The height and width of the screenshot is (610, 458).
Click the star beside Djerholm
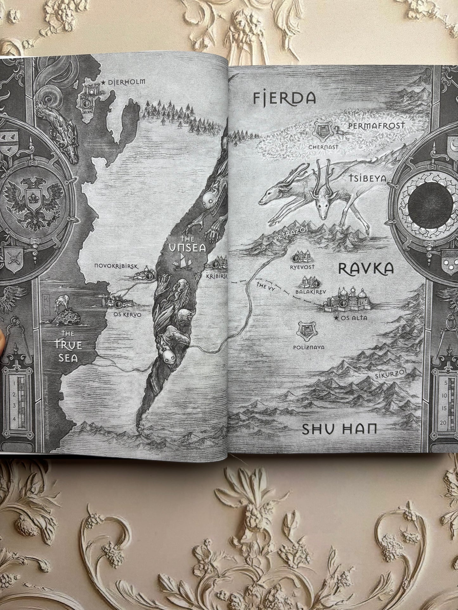103,82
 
